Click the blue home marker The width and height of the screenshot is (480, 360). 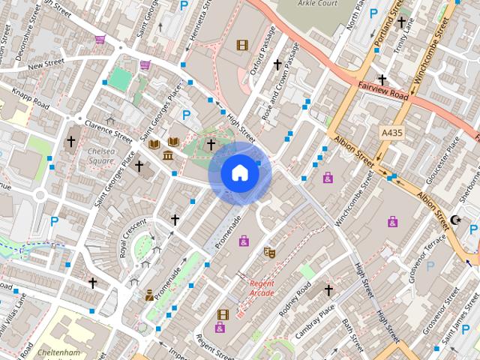click(240, 173)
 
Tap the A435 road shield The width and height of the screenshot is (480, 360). click(391, 133)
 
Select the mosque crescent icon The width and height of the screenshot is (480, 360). click(456, 220)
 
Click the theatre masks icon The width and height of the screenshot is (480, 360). click(269, 253)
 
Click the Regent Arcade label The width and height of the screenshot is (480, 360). click(262, 288)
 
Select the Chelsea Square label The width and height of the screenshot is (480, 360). click(102, 155)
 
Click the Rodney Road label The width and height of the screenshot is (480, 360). click(294, 301)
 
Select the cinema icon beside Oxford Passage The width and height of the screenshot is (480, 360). click(241, 45)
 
